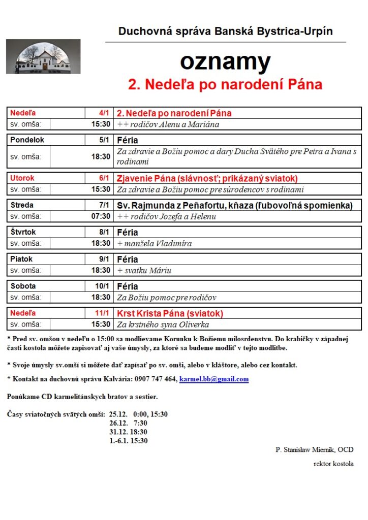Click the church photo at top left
coord(43,56)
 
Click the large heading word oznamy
coord(225,62)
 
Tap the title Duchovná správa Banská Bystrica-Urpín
coord(225,31)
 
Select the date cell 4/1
coord(104,113)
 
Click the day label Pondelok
coord(27,140)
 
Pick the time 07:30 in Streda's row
coord(101,216)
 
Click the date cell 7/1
coord(104,205)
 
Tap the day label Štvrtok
coord(24,232)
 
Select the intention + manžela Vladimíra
coord(155,243)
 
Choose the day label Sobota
coord(23,286)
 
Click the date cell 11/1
coord(103,313)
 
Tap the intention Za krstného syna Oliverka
coord(163,324)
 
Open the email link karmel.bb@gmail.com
coord(214,379)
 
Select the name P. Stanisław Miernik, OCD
coord(314,449)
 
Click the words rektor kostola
coord(333,464)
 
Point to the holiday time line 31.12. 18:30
coord(128,432)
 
